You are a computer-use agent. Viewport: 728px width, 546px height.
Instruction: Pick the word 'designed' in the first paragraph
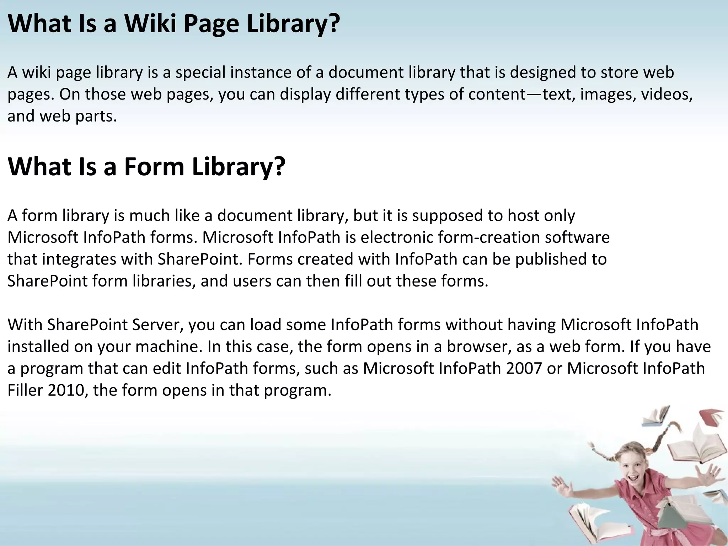(x=543, y=73)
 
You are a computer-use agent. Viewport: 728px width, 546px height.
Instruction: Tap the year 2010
(x=68, y=390)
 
